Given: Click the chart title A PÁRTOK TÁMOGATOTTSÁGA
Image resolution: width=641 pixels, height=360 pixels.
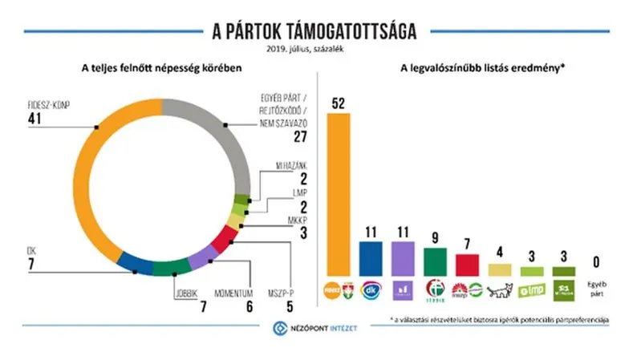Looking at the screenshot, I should (x=320, y=31).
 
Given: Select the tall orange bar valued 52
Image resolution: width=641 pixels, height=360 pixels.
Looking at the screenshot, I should (x=340, y=192).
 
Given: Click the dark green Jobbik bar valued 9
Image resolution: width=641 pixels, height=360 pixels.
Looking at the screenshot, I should (x=435, y=261).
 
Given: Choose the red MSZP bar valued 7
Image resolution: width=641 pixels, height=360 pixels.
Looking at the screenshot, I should (x=466, y=265).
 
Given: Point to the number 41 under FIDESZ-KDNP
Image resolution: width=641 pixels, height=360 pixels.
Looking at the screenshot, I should (x=37, y=119).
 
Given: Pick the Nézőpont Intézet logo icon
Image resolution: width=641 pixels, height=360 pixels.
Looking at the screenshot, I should (x=280, y=327).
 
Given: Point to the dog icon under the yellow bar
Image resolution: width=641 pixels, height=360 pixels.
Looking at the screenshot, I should (x=498, y=289).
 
